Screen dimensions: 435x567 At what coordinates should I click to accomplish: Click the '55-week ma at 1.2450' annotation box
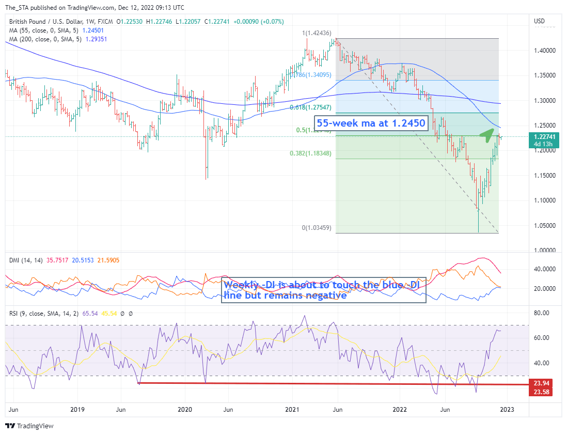click(x=371, y=124)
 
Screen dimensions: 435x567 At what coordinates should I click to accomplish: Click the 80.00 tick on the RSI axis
click(x=541, y=313)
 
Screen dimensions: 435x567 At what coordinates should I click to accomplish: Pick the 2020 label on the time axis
click(x=184, y=410)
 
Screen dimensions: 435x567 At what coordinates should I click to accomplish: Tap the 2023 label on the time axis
click(x=507, y=410)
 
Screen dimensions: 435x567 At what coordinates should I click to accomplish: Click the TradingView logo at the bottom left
click(x=29, y=426)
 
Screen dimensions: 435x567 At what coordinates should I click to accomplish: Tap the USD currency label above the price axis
click(x=539, y=21)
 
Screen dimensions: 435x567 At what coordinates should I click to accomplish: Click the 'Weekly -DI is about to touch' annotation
click(x=324, y=290)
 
